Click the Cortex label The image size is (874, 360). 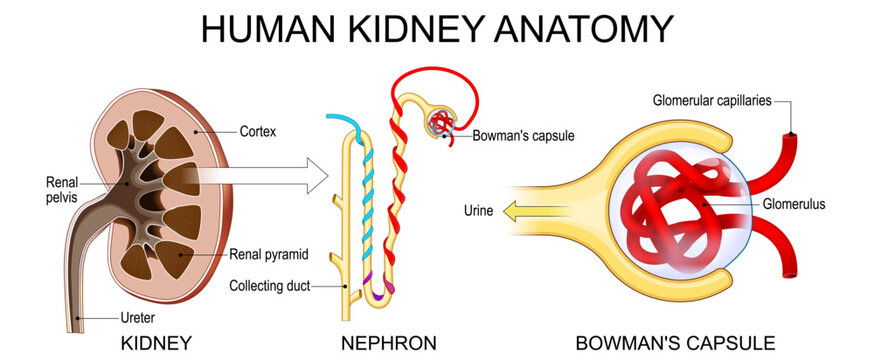(259, 130)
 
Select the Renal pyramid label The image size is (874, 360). (268, 253)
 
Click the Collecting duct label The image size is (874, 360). (271, 286)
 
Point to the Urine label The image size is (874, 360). (478, 211)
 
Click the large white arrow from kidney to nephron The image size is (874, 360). (270, 178)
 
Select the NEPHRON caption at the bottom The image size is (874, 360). (388, 344)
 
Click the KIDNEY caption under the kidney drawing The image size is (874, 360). (156, 344)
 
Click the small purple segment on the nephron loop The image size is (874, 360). (382, 290)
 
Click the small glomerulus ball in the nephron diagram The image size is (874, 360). (442, 125)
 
